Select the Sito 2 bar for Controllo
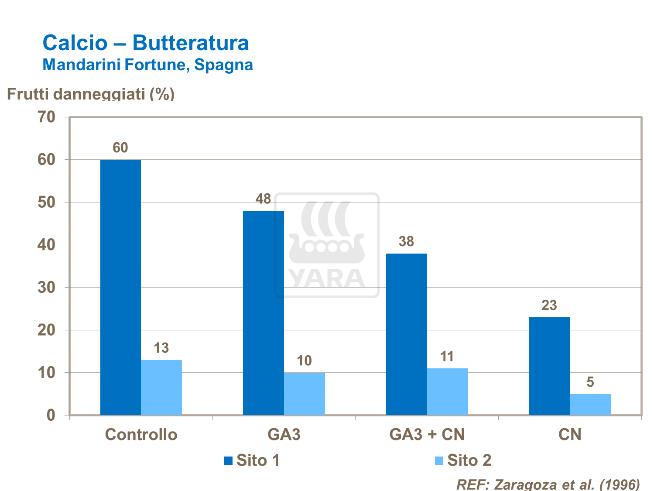tap(161, 388)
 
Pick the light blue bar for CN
tap(590, 405)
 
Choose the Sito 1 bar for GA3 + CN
tap(407, 334)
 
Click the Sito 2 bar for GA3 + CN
tap(447, 391)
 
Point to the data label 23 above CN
tap(549, 306)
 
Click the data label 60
tap(120, 148)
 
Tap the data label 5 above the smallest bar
tap(590, 382)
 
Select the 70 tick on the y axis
tap(47, 117)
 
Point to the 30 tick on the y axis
tap(47, 288)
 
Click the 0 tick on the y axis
tap(51, 415)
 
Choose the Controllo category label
tap(141, 435)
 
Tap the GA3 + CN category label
tap(427, 435)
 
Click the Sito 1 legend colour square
tap(228, 460)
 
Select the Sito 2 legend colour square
tap(439, 460)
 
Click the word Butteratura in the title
tap(191, 43)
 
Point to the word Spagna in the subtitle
tap(223, 65)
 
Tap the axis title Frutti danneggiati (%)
tap(91, 93)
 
